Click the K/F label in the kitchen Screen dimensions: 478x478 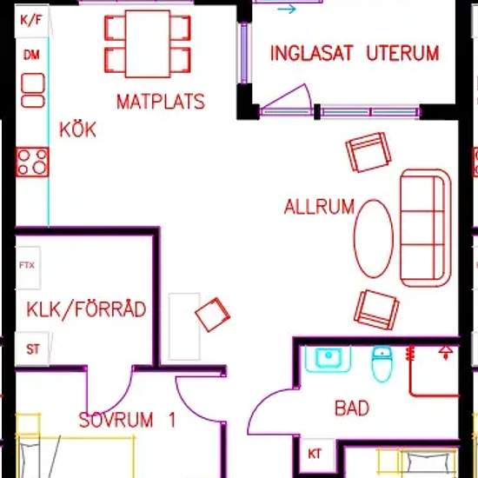tap(30, 21)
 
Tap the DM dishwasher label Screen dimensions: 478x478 tap(31, 55)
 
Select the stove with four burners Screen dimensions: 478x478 tap(32, 162)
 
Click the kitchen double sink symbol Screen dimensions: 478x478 tap(33, 90)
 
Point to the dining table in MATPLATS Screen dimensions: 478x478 tap(148, 44)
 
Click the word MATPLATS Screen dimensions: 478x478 tap(161, 102)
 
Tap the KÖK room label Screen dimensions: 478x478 tap(77, 129)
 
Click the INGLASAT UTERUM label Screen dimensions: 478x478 tap(355, 53)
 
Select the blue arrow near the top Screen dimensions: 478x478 tap(287, 10)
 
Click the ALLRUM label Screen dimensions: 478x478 tap(319, 207)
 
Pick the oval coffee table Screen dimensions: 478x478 tap(374, 239)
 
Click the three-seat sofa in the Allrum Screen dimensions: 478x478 tap(426, 228)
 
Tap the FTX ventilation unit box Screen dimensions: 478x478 tap(28, 268)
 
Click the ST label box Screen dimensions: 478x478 tap(32, 349)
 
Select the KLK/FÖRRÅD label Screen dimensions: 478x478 tap(86, 309)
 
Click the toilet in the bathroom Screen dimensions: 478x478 tap(382, 364)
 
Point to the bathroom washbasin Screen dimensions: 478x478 tap(328, 359)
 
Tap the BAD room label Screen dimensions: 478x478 tap(352, 408)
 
